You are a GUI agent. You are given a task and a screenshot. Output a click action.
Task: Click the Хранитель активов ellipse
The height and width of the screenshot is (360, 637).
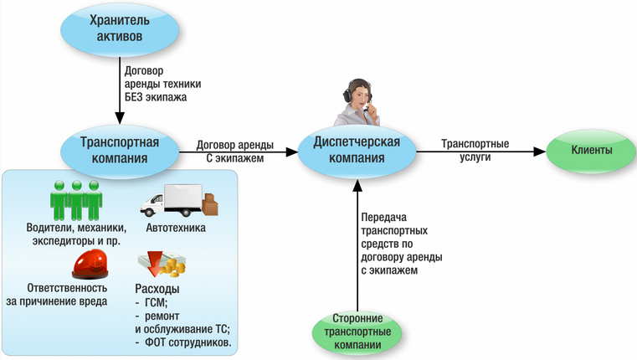[120, 29]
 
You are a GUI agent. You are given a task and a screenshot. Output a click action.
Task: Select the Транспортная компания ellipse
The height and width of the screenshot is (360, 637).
[120, 151]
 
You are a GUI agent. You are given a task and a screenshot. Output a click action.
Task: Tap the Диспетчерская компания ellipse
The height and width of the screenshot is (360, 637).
[357, 151]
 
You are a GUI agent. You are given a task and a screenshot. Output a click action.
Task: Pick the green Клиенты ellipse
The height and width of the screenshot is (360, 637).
[591, 151]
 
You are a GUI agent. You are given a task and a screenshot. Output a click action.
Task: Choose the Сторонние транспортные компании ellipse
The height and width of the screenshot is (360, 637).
[357, 332]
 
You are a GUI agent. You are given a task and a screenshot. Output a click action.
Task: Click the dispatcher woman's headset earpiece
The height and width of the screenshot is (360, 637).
[348, 95]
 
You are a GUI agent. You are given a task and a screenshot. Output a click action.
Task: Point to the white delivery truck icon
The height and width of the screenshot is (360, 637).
[172, 200]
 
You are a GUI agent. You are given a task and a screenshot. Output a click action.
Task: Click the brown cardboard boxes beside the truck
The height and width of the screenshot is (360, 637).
[210, 204]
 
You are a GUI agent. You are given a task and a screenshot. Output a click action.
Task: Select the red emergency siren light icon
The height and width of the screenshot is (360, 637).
[90, 264]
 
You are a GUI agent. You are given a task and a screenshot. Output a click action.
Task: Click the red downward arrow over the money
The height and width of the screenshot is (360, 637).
[155, 263]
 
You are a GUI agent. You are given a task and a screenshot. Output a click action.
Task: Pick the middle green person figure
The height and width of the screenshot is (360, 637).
[76, 200]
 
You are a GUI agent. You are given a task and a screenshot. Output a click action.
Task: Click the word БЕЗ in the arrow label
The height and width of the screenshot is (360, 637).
[134, 97]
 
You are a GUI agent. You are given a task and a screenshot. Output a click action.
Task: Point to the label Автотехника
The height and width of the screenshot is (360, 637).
[176, 228]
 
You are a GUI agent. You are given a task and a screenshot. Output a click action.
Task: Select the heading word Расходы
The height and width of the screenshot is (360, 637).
[157, 289]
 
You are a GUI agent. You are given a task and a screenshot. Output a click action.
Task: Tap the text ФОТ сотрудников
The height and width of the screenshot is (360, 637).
[188, 342]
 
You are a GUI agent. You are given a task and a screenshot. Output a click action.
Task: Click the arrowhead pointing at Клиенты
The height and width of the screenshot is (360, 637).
[540, 152]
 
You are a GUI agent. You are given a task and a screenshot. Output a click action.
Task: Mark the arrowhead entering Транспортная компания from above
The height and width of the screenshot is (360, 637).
[120, 118]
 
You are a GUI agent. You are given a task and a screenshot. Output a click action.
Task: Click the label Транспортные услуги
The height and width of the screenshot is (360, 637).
[475, 151]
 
